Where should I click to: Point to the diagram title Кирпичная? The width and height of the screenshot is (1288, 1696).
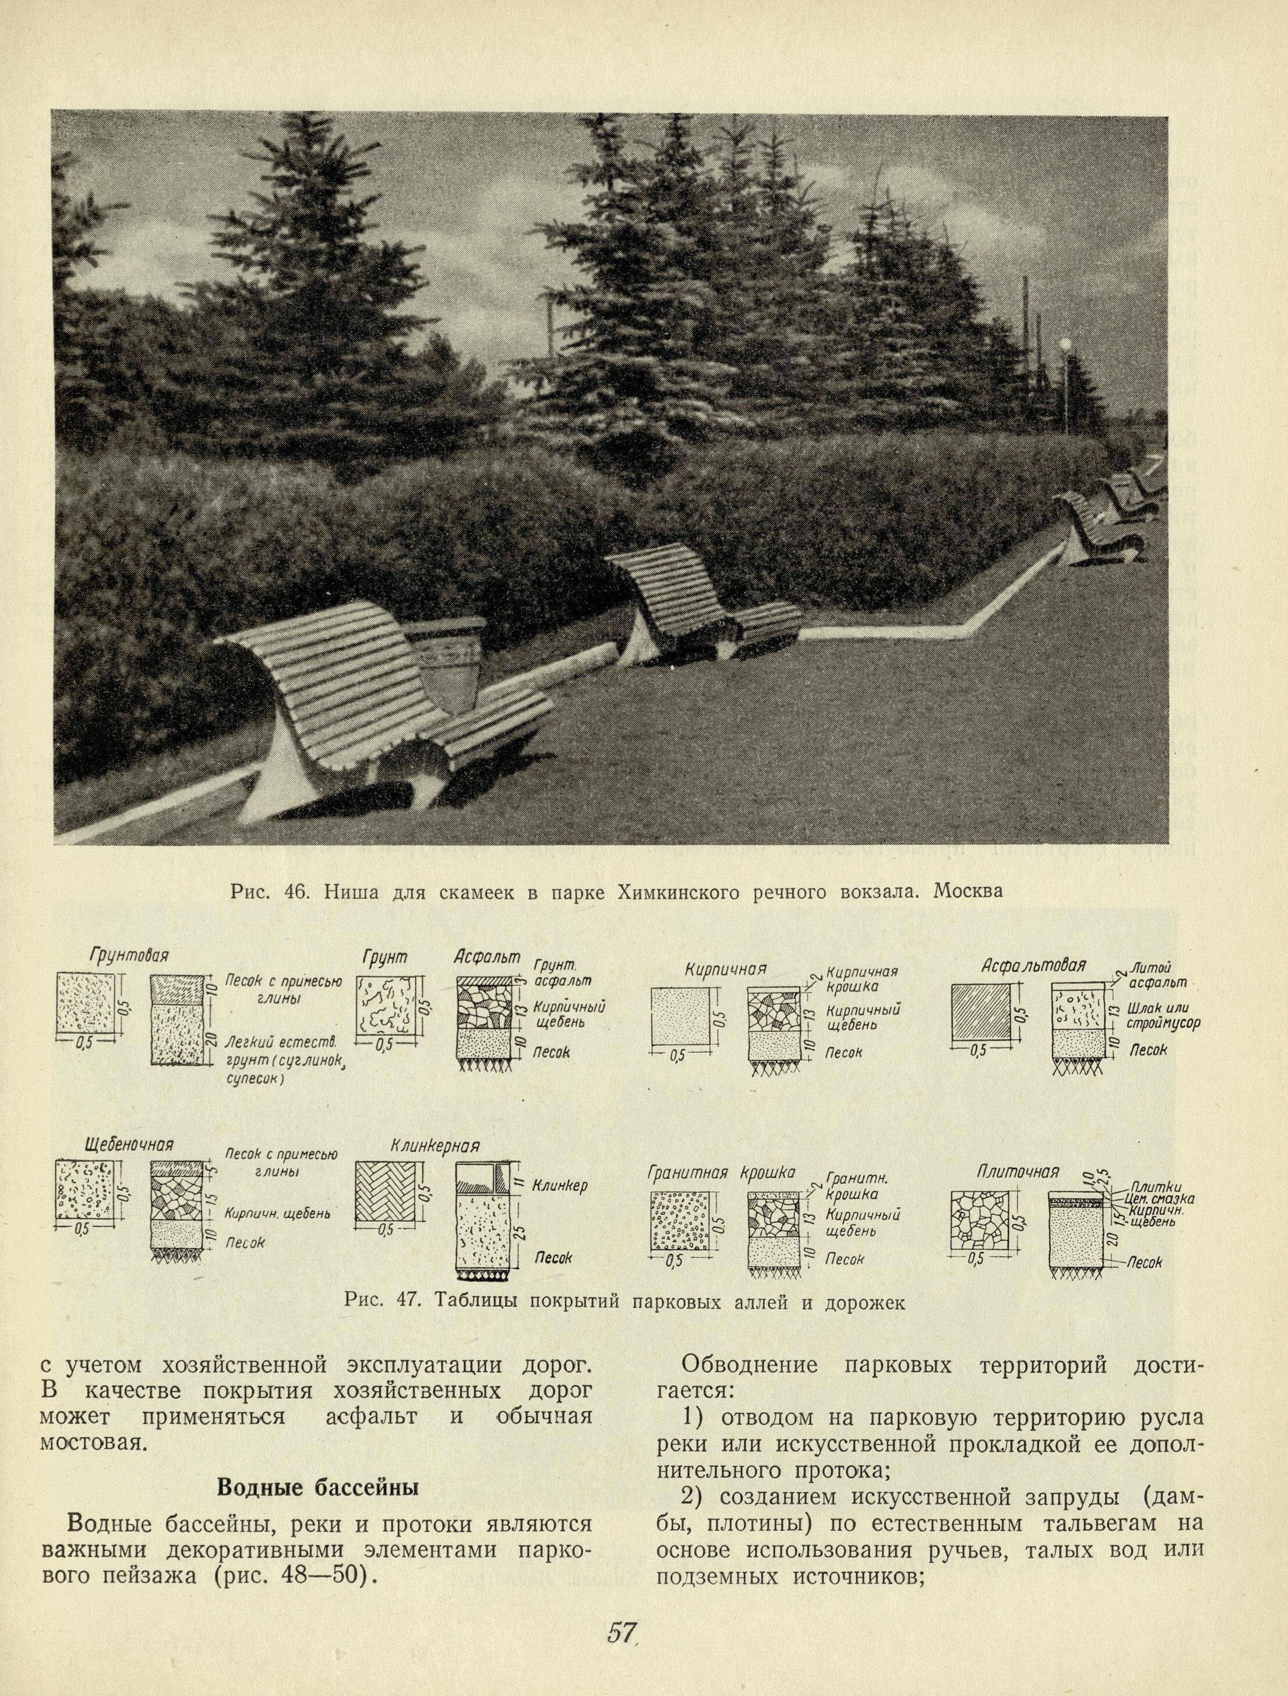click(725, 968)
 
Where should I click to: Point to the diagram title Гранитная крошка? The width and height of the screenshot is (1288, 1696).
click(721, 1172)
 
